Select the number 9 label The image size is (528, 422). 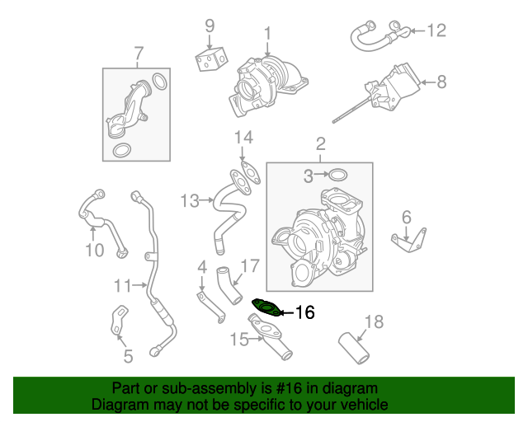(x=210, y=25)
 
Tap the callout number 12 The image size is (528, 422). (x=436, y=31)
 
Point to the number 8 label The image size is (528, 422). (x=441, y=82)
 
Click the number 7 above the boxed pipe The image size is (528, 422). (x=138, y=54)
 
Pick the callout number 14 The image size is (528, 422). (x=242, y=137)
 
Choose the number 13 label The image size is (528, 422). (x=191, y=200)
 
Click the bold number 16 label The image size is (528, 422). (x=304, y=312)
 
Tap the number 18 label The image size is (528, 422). (x=374, y=321)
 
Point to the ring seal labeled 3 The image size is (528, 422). (x=337, y=175)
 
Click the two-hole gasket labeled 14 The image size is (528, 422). (x=243, y=175)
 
